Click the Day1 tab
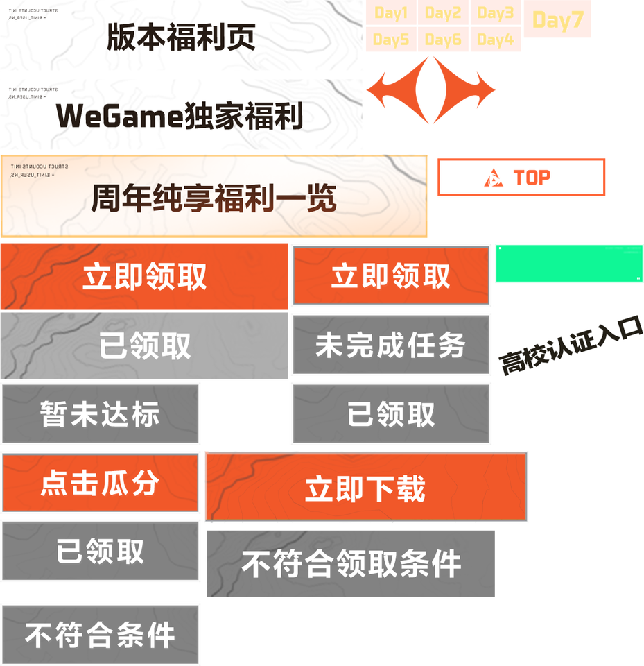click(391, 13)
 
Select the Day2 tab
click(443, 13)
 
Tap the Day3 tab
click(496, 13)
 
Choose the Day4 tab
click(496, 40)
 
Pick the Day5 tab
click(391, 40)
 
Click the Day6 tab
click(443, 40)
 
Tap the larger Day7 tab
click(558, 21)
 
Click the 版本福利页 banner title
click(181, 37)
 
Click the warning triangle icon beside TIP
click(494, 178)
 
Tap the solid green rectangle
click(568, 264)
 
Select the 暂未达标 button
click(101, 414)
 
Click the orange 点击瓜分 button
click(101, 483)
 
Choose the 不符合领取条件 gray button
click(351, 563)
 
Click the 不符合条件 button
click(101, 635)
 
